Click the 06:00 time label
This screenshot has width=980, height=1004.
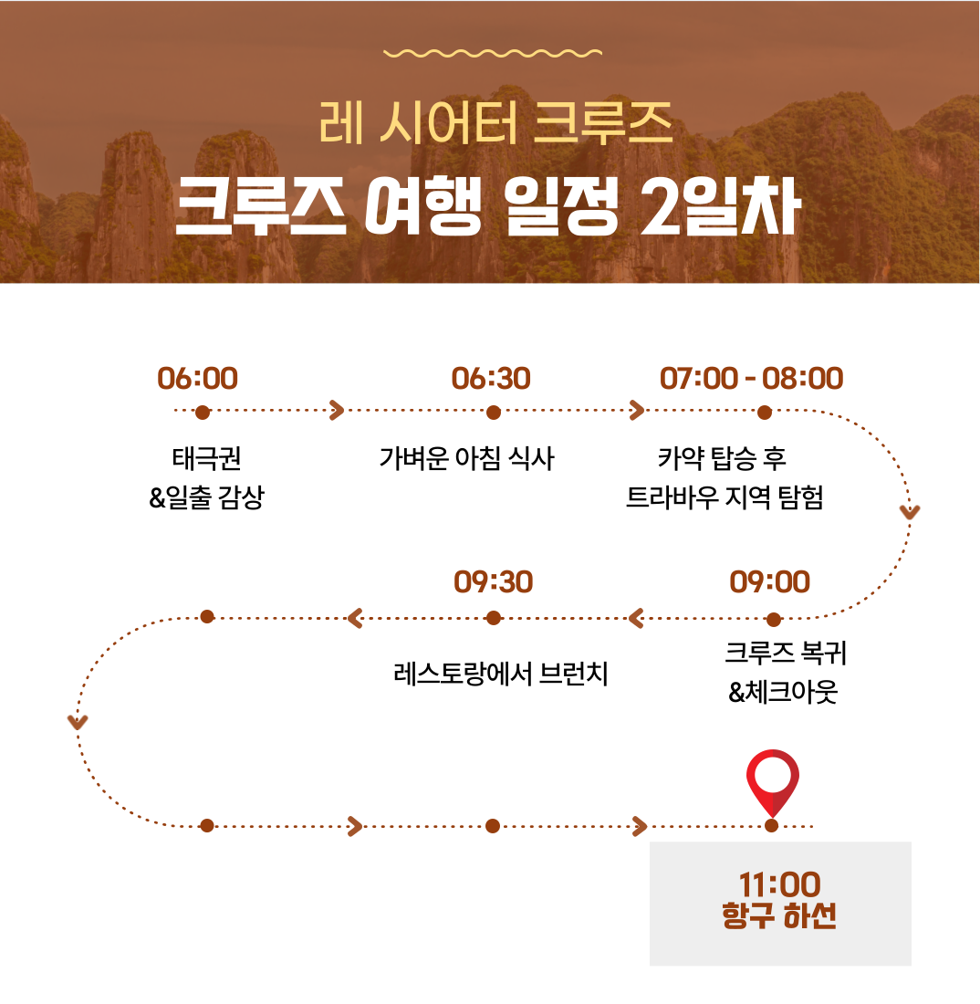click(x=198, y=379)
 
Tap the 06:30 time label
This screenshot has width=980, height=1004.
click(x=491, y=379)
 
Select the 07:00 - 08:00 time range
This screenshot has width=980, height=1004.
click(x=752, y=379)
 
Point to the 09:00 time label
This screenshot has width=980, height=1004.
click(x=770, y=582)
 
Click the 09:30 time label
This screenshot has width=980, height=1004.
click(x=494, y=582)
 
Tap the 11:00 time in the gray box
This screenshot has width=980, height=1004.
click(x=779, y=884)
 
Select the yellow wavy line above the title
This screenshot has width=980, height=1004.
click(x=492, y=53)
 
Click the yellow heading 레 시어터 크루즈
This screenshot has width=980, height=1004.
click(x=495, y=123)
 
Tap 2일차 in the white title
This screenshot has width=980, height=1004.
click(x=721, y=207)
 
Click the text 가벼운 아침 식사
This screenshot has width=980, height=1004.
click(x=466, y=458)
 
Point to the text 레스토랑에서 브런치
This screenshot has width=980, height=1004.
click(x=501, y=674)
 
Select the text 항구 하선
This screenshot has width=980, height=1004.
click(x=779, y=915)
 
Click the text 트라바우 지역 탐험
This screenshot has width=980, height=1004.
click(x=725, y=497)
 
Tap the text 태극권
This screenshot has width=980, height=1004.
click(x=207, y=458)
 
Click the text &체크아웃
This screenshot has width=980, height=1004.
click(x=783, y=692)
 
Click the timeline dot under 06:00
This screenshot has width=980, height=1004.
click(x=203, y=413)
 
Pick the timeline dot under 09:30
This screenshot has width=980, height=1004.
click(x=494, y=618)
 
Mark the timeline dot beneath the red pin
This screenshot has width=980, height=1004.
click(x=772, y=826)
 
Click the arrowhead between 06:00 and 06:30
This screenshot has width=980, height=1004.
click(x=337, y=411)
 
